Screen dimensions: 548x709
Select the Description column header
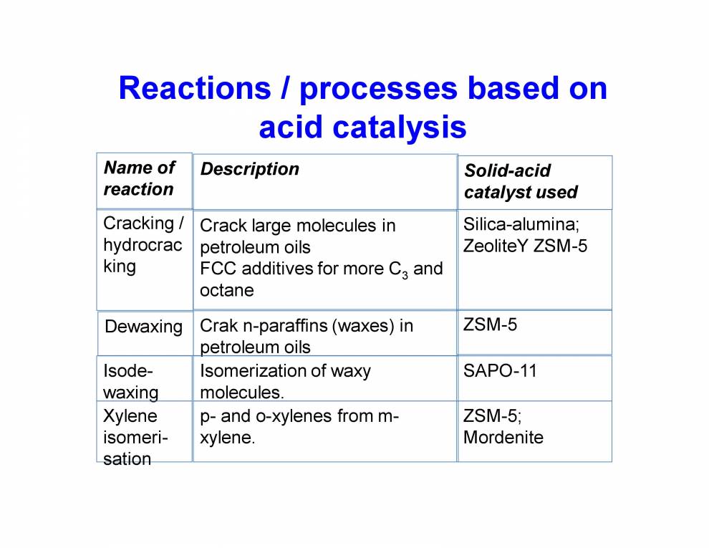tap(249, 169)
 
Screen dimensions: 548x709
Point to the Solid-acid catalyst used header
tap(521, 182)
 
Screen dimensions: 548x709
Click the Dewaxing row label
tap(143, 327)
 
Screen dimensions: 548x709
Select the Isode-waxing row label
tap(131, 381)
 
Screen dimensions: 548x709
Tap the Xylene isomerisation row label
tap(134, 437)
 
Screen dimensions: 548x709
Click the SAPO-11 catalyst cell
tap(500, 371)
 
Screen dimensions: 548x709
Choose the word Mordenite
tap(503, 437)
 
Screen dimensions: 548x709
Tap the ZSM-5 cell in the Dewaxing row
tap(490, 325)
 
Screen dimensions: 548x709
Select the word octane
tap(226, 291)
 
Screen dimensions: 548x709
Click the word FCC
tap(217, 269)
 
